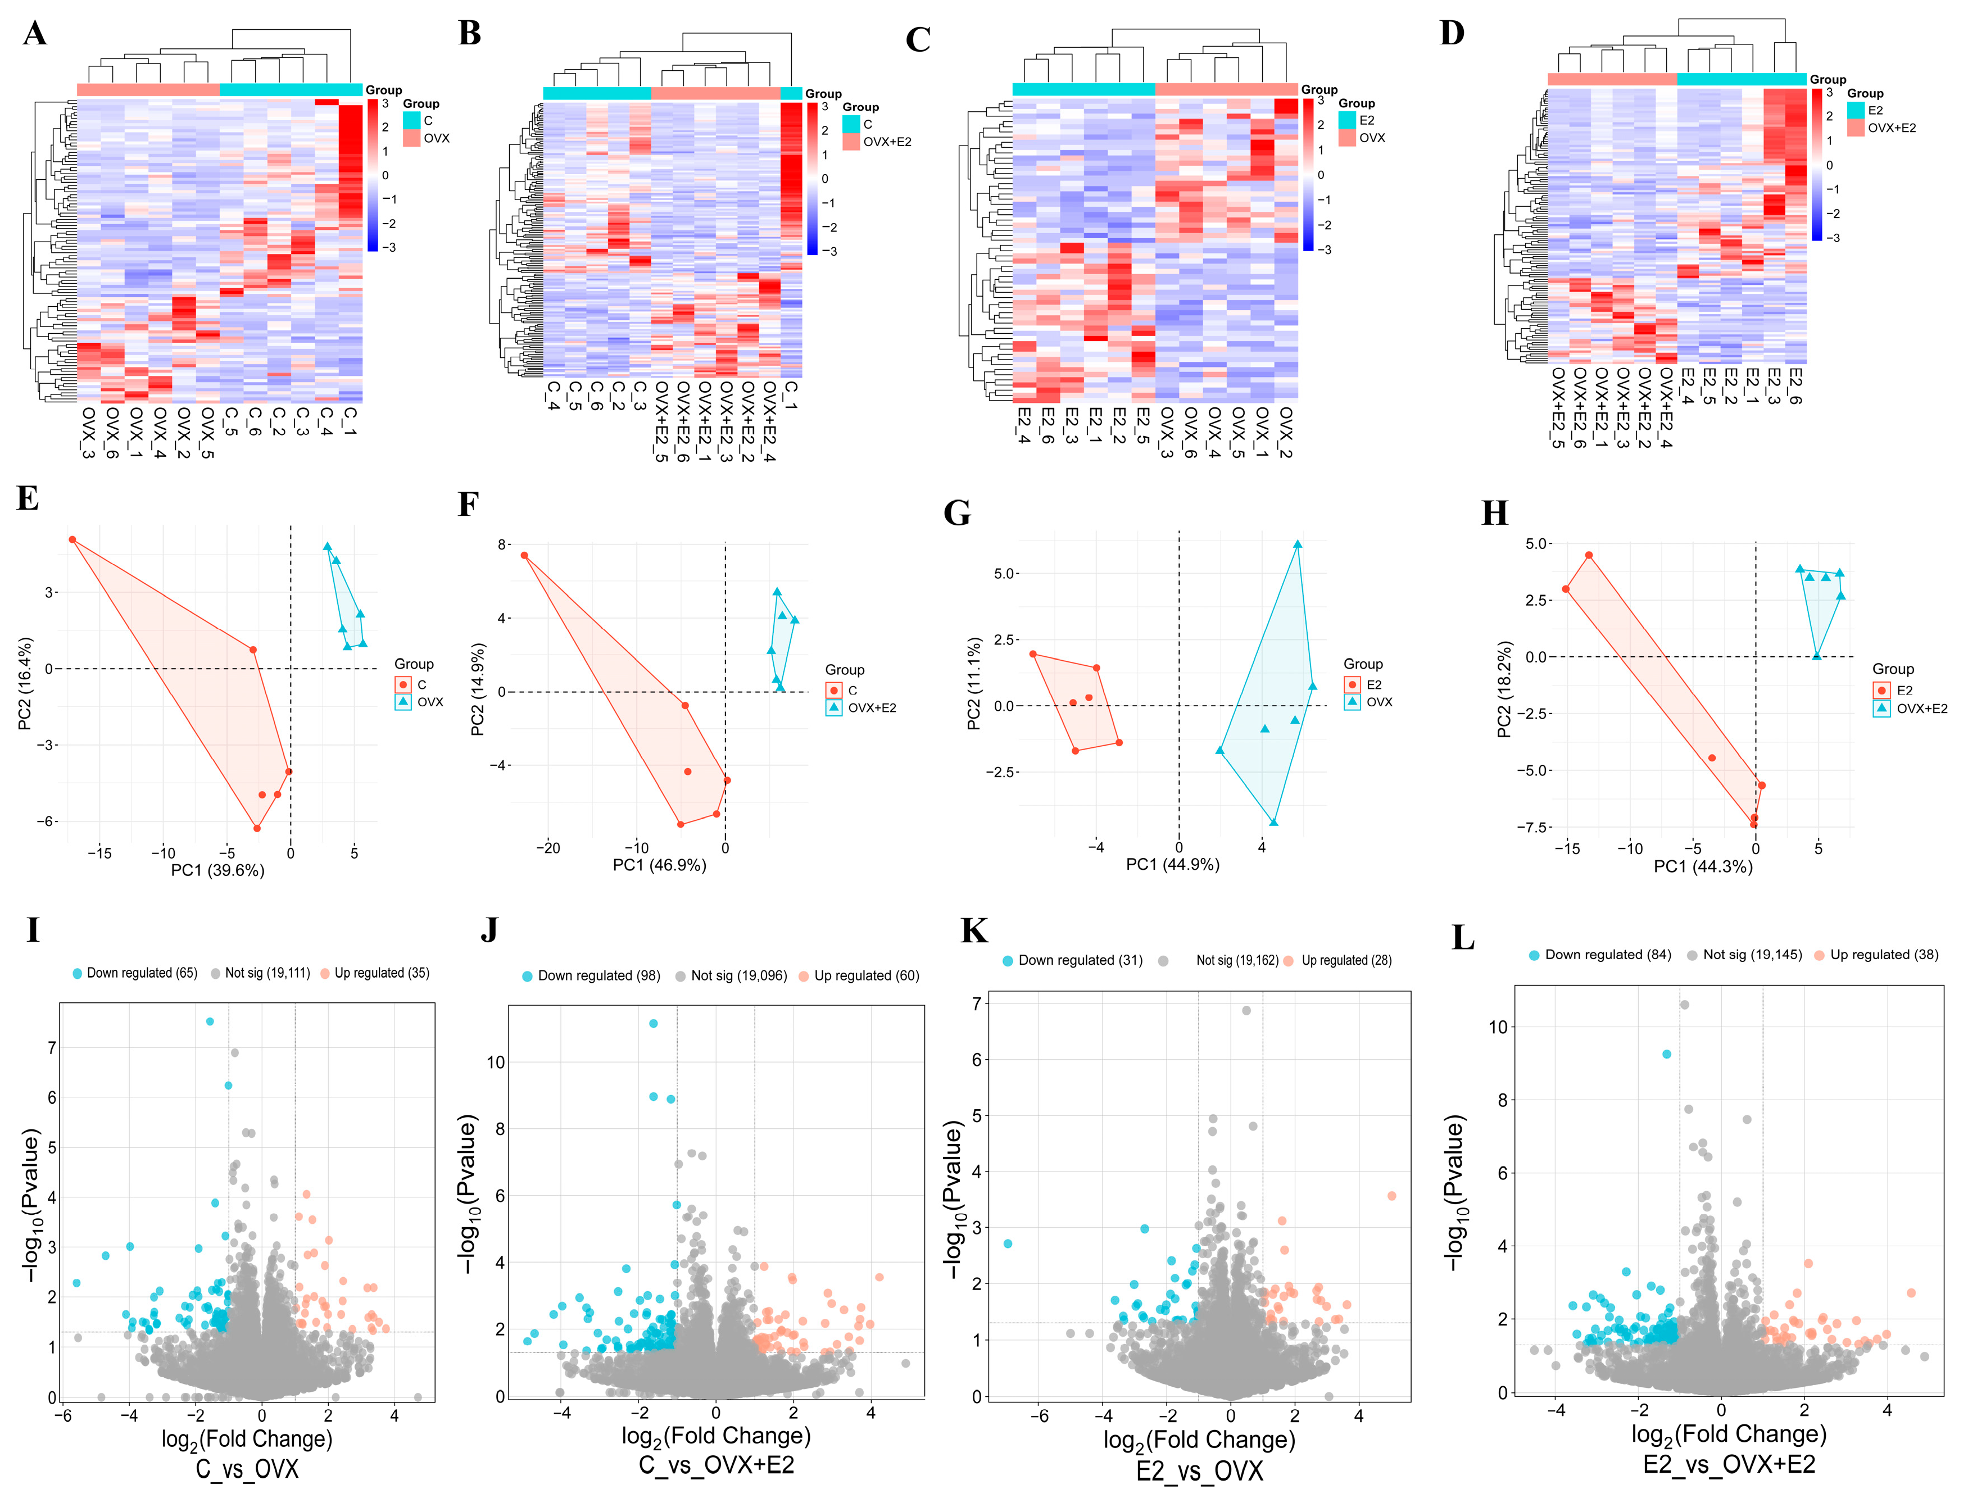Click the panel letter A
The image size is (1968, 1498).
pos(35,33)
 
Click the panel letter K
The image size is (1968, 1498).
pos(974,931)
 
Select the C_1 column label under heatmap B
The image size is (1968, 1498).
pos(791,395)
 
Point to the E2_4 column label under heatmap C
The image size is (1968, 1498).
pos(1024,426)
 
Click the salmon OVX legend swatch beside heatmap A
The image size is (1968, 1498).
pos(411,138)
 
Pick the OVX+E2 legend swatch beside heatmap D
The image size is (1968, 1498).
pos(1856,128)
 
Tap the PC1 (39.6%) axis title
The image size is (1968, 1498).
pos(217,870)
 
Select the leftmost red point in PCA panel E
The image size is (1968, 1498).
pos(73,539)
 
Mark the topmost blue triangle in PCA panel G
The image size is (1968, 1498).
pos(1298,544)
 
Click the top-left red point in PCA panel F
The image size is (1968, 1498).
pos(524,556)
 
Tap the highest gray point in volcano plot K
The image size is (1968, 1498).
pos(1246,1010)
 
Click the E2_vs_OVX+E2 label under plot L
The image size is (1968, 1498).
pos(1729,1464)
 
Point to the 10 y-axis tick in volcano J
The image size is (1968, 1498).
pos(495,1062)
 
